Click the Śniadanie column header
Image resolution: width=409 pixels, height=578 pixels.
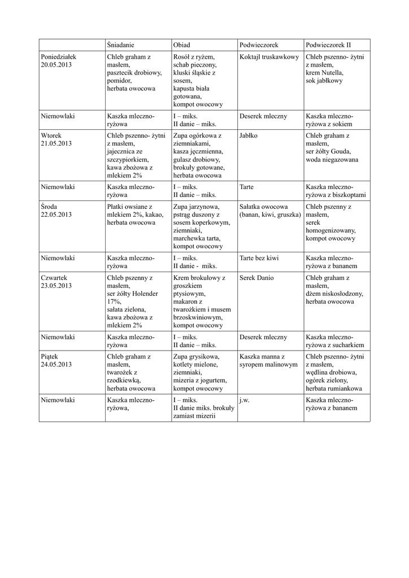click(121, 45)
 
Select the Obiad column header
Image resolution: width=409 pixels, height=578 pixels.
click(182, 45)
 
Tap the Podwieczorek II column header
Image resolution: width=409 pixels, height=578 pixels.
click(328, 45)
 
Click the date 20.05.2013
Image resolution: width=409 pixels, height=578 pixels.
click(56, 65)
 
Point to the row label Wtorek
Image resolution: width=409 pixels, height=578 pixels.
click(52, 135)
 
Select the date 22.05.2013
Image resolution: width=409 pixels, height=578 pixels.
click(56, 214)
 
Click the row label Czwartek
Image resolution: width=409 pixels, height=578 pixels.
click(55, 278)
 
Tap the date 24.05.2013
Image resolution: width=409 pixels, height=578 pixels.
click(56, 365)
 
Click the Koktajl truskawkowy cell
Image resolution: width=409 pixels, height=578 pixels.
click(268, 57)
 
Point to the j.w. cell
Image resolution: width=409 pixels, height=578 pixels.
click(245, 400)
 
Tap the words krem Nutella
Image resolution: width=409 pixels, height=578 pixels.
click(324, 73)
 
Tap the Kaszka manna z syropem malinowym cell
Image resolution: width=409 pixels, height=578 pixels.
click(268, 361)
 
